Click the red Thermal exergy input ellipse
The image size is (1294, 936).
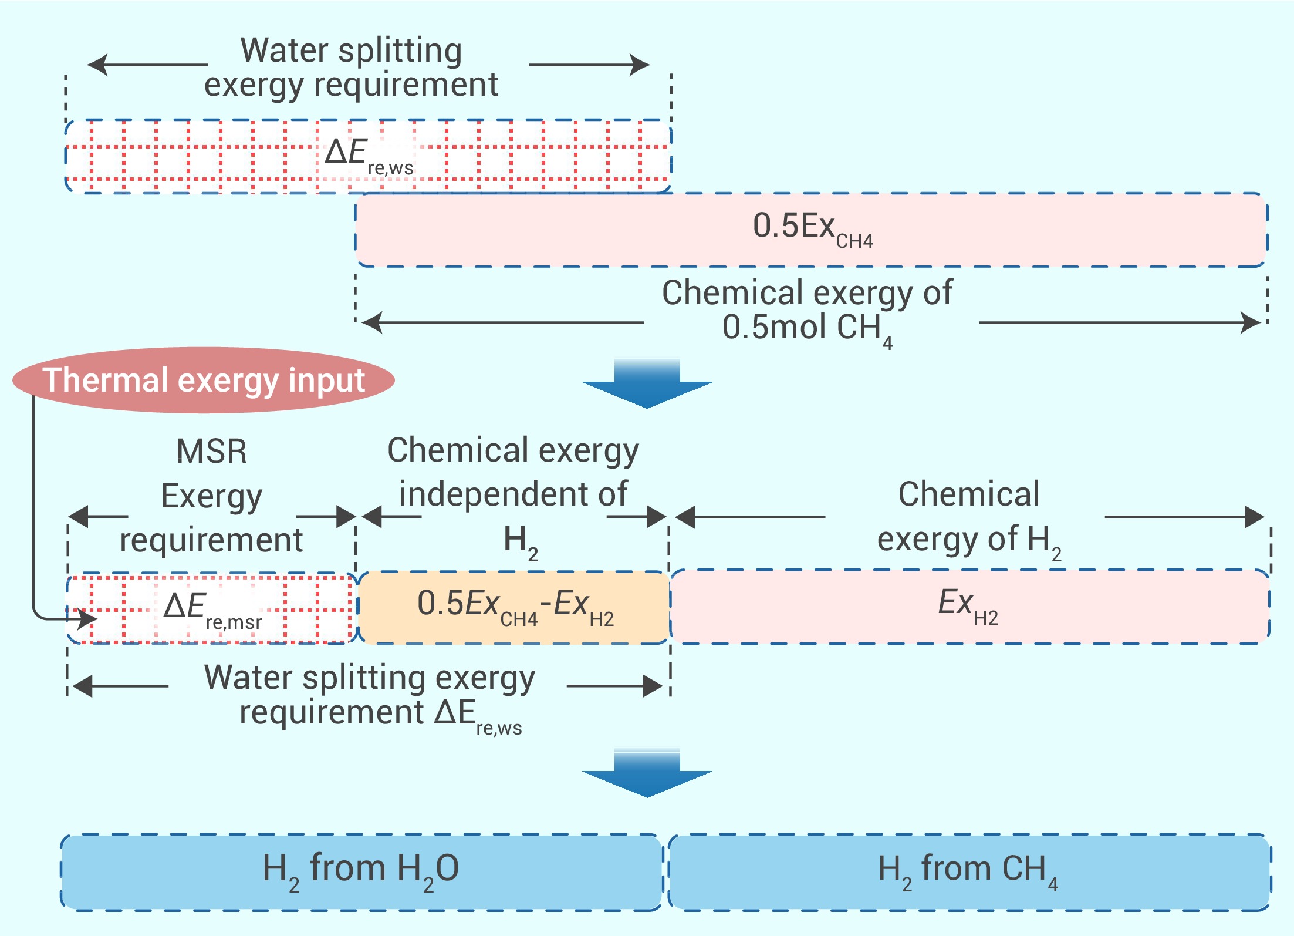[x=203, y=380]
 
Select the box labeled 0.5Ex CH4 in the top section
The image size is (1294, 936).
[x=812, y=230]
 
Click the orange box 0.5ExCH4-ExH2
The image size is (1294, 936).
[x=514, y=607]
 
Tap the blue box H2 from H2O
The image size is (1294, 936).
[x=361, y=871]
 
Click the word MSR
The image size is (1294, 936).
[x=212, y=452]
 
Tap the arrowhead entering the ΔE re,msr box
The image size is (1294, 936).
[x=88, y=618]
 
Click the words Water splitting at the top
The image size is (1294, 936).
[x=351, y=50]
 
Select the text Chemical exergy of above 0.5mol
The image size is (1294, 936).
[x=807, y=292]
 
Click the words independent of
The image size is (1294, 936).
[x=513, y=494]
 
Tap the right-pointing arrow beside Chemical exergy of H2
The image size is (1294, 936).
[x=1185, y=517]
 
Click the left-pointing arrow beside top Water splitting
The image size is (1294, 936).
[x=147, y=65]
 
